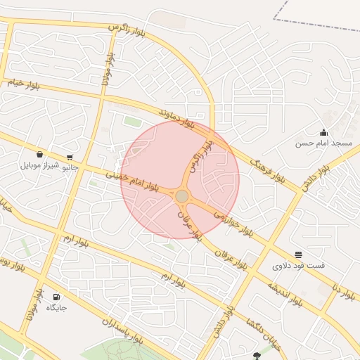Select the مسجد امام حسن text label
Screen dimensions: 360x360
click(323, 143)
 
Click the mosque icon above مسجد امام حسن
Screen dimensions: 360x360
click(323, 132)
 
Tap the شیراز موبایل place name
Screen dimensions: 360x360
click(38, 165)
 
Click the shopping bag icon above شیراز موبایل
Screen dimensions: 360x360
click(39, 155)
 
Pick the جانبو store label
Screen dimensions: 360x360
click(70, 167)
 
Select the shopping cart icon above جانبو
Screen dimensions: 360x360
click(70, 157)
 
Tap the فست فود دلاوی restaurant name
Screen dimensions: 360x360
click(299, 265)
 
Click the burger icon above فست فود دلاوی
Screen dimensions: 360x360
click(299, 255)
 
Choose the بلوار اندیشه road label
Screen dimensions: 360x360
click(285, 294)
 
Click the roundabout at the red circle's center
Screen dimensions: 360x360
click(181, 195)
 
